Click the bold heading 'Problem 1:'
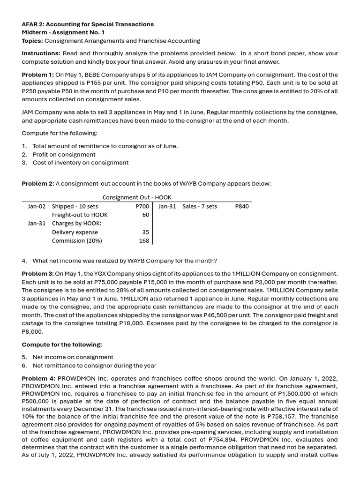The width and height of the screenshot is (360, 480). tap(38, 75)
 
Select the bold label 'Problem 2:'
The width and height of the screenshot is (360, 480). tap(38, 184)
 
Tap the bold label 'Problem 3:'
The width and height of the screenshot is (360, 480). tap(38, 273)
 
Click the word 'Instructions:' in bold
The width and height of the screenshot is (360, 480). tap(41, 53)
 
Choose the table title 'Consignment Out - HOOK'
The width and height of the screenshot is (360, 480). tap(136, 197)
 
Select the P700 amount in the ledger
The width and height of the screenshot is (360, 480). tap(142, 206)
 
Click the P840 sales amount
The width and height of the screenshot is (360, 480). tap(242, 206)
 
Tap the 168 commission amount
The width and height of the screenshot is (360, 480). tap(144, 241)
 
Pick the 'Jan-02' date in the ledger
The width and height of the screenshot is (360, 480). tap(37, 206)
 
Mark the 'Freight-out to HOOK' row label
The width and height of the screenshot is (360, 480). tap(80, 215)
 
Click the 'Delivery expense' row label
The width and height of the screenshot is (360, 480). tap(75, 232)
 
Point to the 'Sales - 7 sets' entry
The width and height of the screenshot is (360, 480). tap(200, 206)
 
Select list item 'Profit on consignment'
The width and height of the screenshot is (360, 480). tap(64, 154)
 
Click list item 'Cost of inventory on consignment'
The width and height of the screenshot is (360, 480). tap(80, 163)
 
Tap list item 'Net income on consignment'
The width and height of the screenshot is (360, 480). tap(73, 357)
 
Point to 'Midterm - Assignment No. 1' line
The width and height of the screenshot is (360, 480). tap(63, 32)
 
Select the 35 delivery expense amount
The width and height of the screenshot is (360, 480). tap(145, 232)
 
